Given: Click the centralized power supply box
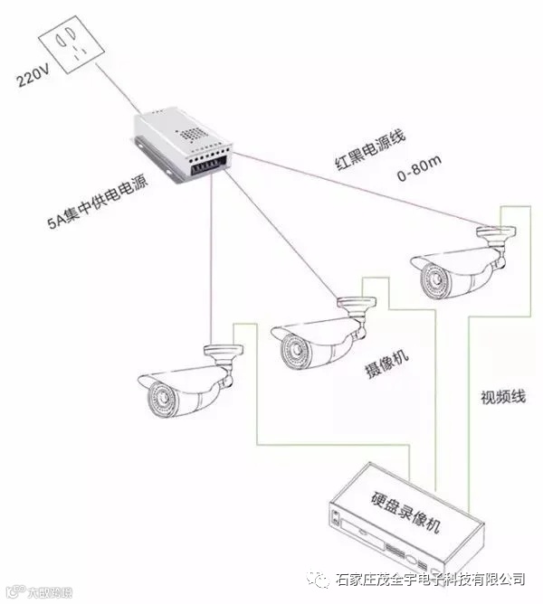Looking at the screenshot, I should pos(182,144).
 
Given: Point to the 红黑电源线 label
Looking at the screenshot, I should pos(367,148).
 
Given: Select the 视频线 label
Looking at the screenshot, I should pos(497,396).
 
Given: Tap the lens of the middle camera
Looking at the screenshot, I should pos(292,346).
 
